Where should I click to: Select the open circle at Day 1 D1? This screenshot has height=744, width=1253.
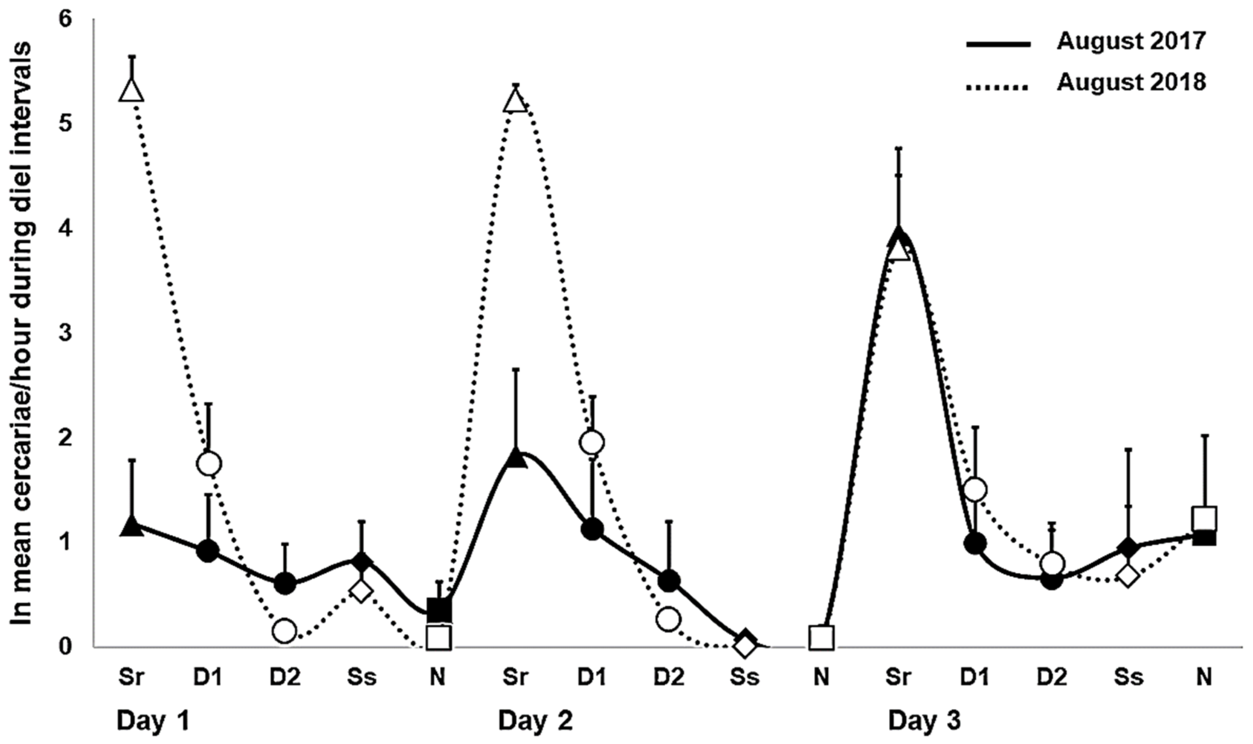[208, 464]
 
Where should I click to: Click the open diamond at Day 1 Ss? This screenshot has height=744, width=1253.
[361, 592]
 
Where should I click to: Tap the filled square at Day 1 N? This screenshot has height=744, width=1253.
[439, 610]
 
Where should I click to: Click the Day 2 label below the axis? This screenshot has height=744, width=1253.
[535, 722]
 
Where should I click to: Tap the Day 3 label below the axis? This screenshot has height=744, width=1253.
[925, 722]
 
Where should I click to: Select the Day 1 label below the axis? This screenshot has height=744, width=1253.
[153, 722]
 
